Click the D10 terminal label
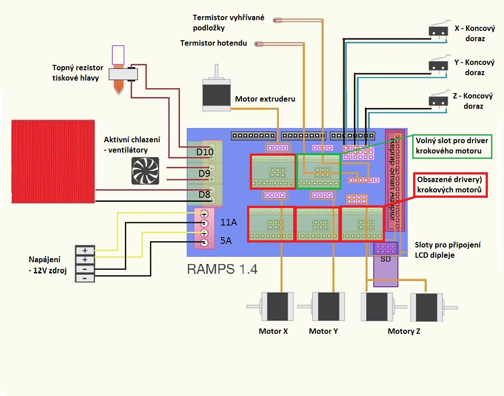[x=205, y=152]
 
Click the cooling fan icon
[x=145, y=170]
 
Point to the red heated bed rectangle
[x=53, y=161]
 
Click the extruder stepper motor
[x=217, y=94]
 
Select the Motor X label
[x=273, y=332]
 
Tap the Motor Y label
[x=323, y=332]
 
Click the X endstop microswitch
[x=438, y=30]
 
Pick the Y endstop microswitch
[x=438, y=65]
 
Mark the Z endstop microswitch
[x=438, y=100]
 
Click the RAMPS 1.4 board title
[x=222, y=269]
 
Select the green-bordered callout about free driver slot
[x=451, y=146]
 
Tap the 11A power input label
[x=228, y=222]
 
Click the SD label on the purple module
[x=385, y=259]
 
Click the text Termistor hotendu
[x=214, y=43]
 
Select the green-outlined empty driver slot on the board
[x=319, y=171]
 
